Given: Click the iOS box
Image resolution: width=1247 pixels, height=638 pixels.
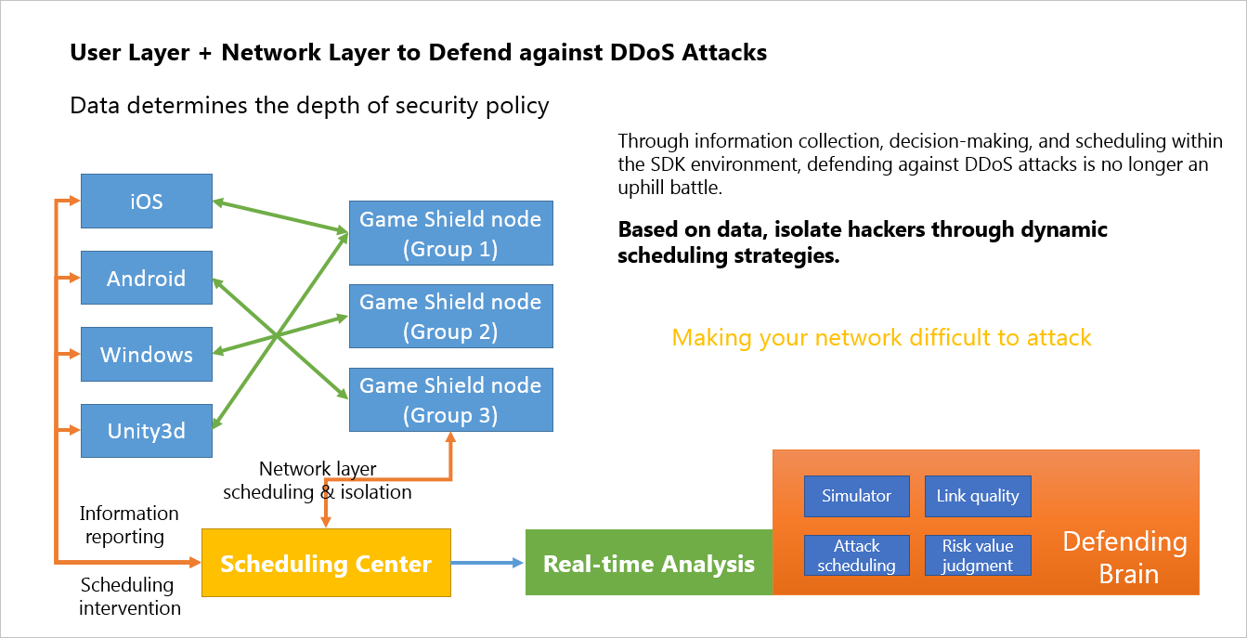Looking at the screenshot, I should point(147,201).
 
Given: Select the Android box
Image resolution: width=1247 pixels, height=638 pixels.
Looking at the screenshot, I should point(147,278).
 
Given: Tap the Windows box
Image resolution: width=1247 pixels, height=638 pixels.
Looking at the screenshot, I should point(147,354).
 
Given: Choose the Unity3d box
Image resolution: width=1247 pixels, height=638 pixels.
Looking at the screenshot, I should point(147,431).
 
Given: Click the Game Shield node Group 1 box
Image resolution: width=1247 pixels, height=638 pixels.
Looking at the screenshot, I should point(450,234).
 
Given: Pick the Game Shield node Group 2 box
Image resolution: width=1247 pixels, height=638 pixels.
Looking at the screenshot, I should point(450,317).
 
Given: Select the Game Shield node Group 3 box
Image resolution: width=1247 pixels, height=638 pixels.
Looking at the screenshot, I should point(450,400).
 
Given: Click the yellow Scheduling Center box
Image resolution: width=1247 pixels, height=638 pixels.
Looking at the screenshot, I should point(326,563).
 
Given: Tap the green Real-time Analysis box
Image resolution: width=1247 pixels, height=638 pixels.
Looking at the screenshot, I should point(649,563).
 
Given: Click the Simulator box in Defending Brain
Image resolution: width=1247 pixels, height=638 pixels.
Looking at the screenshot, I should point(856,496).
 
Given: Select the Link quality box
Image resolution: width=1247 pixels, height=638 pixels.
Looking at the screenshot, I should point(978,496).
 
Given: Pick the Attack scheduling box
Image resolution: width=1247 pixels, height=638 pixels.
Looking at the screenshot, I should point(856,555).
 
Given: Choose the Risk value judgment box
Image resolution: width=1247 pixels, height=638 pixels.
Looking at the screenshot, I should point(978,555).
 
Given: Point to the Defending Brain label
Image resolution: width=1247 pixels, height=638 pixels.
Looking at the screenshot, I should point(1124,557).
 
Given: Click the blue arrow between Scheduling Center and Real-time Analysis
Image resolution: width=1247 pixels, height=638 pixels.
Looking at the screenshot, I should point(487,563).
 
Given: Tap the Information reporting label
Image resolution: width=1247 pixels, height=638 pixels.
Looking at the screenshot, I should point(129,525).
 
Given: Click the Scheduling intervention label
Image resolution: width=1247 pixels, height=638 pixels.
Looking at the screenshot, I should point(129,596).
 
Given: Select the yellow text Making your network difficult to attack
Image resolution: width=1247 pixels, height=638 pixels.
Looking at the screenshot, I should point(881,337).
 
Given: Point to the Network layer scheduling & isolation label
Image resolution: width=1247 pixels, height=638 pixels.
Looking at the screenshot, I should point(318,481).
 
